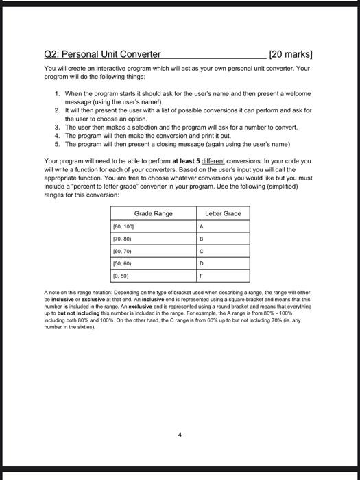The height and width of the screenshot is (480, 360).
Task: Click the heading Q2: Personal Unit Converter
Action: pos(102,54)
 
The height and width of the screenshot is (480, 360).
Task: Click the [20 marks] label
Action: pos(293,54)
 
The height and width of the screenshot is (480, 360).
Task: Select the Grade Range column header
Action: pos(153,214)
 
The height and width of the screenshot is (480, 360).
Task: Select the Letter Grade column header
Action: pos(224,214)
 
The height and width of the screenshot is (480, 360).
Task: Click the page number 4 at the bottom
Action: pos(180,434)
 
